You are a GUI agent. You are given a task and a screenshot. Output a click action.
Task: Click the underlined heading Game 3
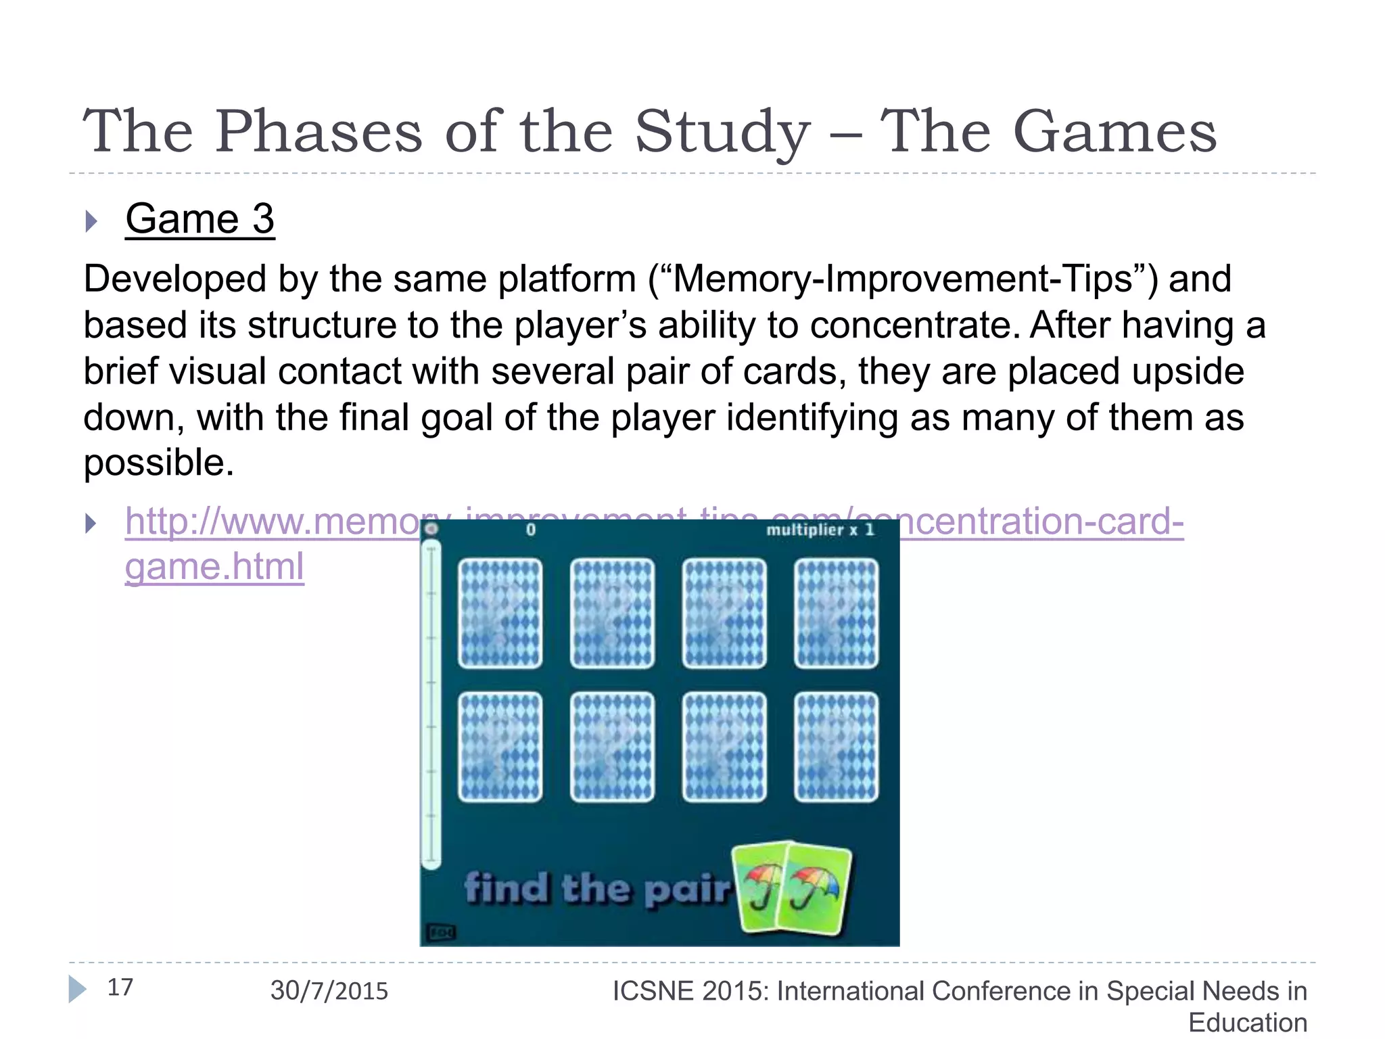[199, 219]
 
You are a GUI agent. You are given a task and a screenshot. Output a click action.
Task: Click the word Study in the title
[722, 132]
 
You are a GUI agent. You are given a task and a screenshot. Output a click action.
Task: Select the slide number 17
[120, 988]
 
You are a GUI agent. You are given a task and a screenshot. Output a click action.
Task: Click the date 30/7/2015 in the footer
[329, 991]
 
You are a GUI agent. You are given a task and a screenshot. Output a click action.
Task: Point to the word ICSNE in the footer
[653, 992]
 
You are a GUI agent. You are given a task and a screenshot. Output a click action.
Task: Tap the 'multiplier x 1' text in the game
[820, 530]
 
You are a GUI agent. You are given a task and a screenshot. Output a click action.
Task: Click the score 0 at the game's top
[531, 530]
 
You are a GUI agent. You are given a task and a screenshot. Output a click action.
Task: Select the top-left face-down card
[500, 613]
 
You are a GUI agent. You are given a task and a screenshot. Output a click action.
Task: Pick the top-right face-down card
[836, 613]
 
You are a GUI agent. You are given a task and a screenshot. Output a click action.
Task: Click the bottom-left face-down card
[500, 747]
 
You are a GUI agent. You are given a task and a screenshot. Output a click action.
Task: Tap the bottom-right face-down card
[836, 747]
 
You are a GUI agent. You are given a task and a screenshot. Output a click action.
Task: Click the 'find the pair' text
[597, 889]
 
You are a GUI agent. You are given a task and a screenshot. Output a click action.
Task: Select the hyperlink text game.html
[214, 567]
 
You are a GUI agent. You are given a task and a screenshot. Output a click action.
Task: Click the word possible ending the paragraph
[158, 463]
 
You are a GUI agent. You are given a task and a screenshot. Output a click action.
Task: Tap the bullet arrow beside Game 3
[91, 221]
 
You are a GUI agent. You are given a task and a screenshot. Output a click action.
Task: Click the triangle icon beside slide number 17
[77, 989]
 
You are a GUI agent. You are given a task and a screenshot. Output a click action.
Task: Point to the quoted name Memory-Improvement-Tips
[903, 279]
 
